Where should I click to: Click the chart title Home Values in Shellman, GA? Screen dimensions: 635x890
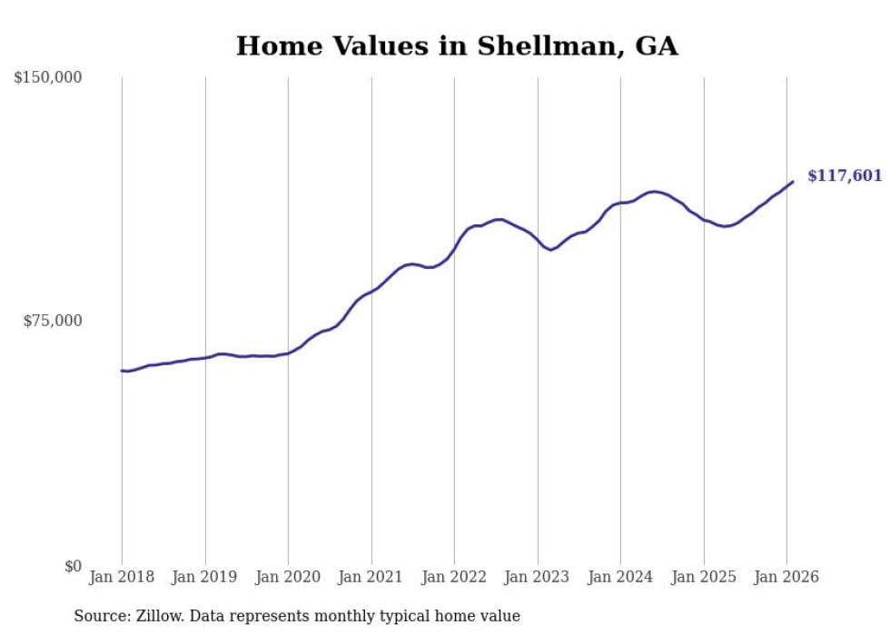click(x=457, y=46)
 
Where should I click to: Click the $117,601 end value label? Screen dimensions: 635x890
click(x=844, y=175)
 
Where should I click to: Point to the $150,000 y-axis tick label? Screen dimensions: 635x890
click(x=47, y=78)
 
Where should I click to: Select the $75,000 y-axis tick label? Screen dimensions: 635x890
click(x=52, y=321)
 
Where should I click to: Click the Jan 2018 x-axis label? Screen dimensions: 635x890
click(x=122, y=577)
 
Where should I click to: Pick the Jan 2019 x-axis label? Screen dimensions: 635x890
click(x=205, y=577)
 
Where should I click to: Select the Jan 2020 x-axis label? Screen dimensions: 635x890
click(x=288, y=577)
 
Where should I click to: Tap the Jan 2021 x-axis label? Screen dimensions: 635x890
click(x=371, y=577)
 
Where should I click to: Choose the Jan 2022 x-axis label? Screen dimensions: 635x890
click(x=454, y=577)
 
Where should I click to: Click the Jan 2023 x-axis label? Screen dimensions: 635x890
click(x=538, y=577)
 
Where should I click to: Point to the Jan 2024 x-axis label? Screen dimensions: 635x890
click(x=620, y=577)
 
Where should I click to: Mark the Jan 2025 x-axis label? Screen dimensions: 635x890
click(x=704, y=577)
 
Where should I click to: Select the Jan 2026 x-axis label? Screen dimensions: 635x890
click(x=786, y=577)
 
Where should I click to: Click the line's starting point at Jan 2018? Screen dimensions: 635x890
click(x=122, y=371)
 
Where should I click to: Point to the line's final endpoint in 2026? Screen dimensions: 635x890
click(x=793, y=182)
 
